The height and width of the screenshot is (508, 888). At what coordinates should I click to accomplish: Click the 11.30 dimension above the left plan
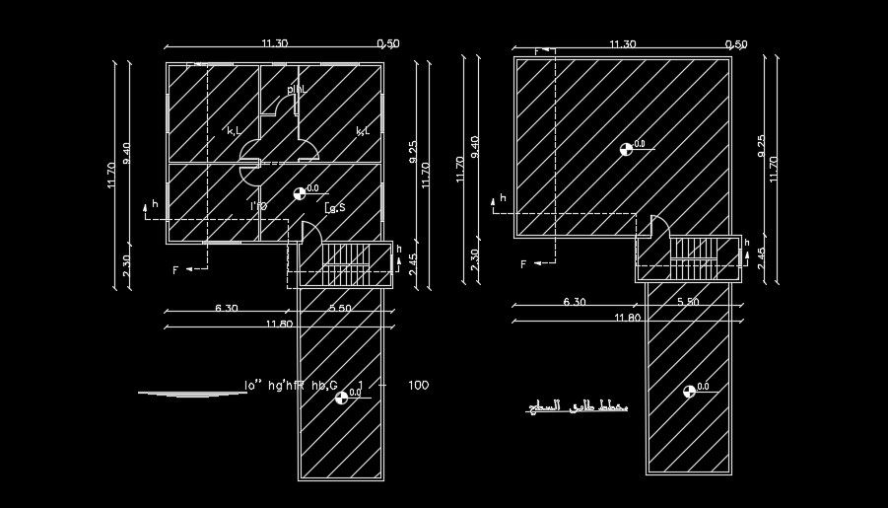274,43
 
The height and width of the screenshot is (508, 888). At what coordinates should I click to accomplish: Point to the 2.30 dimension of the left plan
126,266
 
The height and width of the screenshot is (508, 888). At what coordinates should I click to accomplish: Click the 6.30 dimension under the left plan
226,309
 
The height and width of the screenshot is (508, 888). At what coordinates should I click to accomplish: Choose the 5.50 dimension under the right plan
686,302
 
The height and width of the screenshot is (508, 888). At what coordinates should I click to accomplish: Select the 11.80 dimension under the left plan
280,324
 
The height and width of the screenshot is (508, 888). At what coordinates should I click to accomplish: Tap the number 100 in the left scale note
417,385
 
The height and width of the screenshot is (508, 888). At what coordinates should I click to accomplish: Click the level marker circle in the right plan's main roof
625,149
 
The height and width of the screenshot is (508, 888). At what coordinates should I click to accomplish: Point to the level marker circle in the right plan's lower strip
688,392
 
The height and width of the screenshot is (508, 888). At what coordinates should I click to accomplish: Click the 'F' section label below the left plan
175,269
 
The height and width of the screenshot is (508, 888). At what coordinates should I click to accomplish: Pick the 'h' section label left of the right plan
502,198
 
